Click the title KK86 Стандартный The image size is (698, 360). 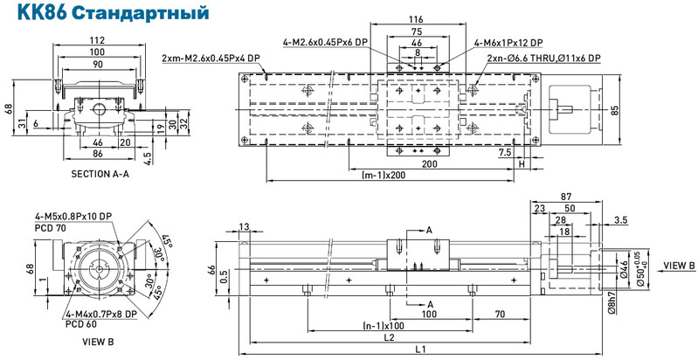coord(113,12)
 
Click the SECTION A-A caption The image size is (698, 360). coord(100,174)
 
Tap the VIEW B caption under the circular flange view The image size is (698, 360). coord(98,342)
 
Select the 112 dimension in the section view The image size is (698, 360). coord(99,39)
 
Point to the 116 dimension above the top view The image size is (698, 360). coord(416,19)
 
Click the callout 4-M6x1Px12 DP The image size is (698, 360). coord(508,43)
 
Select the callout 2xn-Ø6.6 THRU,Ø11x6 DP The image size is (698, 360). coord(543,59)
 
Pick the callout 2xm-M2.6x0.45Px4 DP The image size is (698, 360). coord(211,59)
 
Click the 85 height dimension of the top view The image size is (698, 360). coord(615,109)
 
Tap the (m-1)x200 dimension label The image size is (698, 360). coord(384,175)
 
